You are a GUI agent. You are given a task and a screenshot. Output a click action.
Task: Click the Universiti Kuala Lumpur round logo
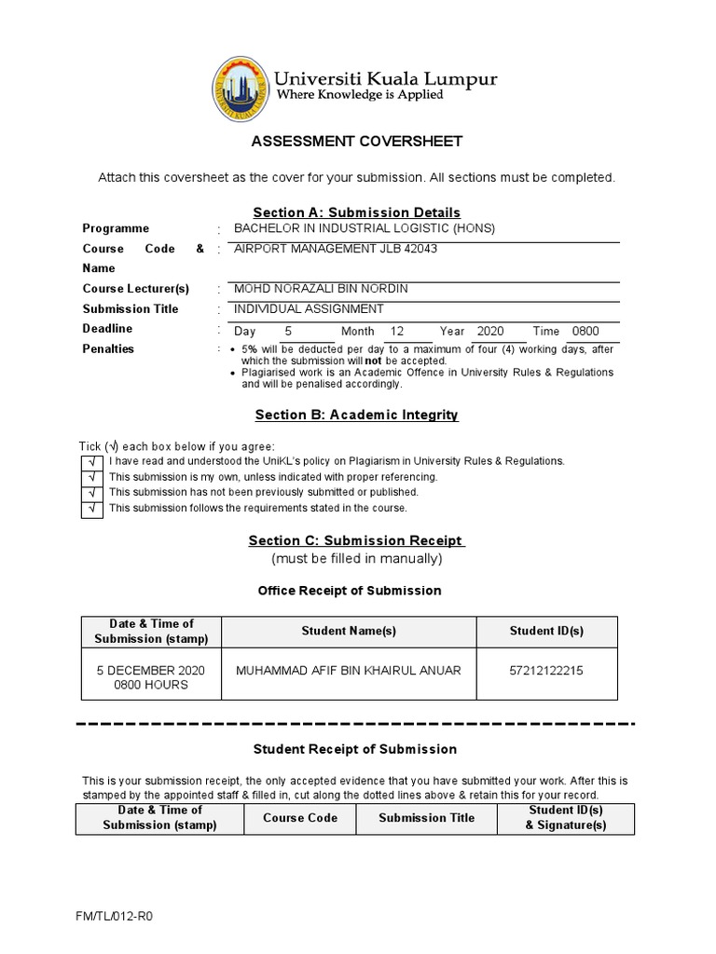[x=240, y=88]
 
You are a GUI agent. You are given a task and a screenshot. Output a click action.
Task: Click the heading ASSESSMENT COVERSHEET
[x=357, y=142]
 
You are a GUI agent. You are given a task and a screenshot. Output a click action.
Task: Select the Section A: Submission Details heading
[x=357, y=212]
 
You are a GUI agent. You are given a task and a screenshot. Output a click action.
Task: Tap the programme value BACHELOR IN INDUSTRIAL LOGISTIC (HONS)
[x=365, y=228]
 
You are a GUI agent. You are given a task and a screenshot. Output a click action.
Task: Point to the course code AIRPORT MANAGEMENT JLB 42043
[x=336, y=249]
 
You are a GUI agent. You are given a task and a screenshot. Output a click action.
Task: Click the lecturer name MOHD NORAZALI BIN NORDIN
[x=321, y=289]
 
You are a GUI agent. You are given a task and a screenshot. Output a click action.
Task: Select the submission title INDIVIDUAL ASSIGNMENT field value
[x=309, y=309]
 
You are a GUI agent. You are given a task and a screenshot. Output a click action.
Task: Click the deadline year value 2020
[x=489, y=331]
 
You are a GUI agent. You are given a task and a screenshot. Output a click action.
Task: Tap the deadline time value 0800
[x=586, y=331]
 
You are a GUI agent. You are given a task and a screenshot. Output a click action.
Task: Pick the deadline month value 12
[x=398, y=331]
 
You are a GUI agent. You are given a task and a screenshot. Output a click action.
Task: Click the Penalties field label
[x=108, y=349]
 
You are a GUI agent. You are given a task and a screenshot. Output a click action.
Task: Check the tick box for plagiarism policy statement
[x=91, y=461]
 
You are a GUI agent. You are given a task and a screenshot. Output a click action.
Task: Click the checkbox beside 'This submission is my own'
[x=91, y=477]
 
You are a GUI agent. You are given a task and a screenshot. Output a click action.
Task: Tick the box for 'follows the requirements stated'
[x=91, y=509]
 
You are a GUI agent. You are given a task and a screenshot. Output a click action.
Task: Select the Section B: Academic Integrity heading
[x=357, y=415]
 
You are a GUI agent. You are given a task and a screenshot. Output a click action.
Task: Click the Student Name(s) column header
[x=349, y=632]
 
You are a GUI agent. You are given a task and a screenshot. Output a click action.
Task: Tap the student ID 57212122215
[x=546, y=671]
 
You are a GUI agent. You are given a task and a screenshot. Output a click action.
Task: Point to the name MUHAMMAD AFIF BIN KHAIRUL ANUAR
[x=349, y=671]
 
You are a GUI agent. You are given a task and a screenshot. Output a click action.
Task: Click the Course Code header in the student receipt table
[x=300, y=818]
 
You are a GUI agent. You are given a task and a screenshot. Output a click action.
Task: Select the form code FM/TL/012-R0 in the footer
[x=114, y=916]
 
